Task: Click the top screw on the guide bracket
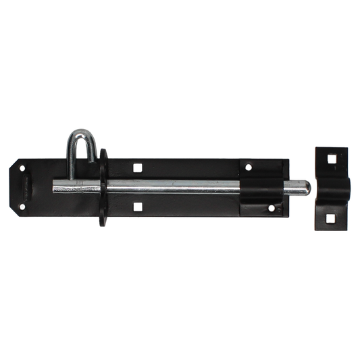[x=250, y=168]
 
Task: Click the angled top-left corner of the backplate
[x=16, y=165]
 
